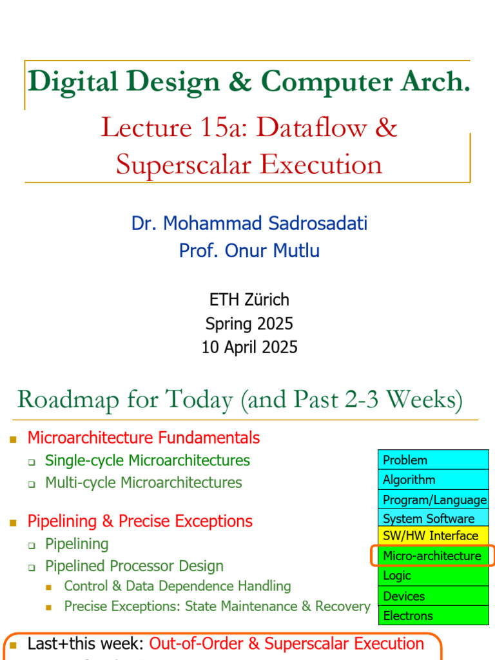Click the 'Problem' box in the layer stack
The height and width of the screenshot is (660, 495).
click(433, 460)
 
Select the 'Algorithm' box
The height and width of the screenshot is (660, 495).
click(433, 480)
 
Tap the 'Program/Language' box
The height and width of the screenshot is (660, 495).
click(433, 500)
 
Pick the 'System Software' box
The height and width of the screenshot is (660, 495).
click(433, 518)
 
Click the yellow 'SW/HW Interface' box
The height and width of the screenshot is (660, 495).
click(433, 536)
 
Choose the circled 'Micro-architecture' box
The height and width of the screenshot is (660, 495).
click(432, 556)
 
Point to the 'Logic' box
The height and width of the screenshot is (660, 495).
click(433, 576)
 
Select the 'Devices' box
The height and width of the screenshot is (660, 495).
click(433, 596)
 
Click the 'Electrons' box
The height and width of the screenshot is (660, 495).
click(433, 616)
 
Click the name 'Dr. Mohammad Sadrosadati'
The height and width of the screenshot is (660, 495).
click(249, 224)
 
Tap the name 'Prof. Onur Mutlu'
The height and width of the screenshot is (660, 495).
click(249, 250)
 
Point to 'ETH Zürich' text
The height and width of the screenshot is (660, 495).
click(249, 300)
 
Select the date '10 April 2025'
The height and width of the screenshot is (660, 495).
click(249, 347)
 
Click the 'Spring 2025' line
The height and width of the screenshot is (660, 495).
click(249, 324)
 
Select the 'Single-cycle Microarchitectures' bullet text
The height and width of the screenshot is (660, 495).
click(148, 460)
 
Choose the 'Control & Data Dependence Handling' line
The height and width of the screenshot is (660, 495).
click(177, 586)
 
